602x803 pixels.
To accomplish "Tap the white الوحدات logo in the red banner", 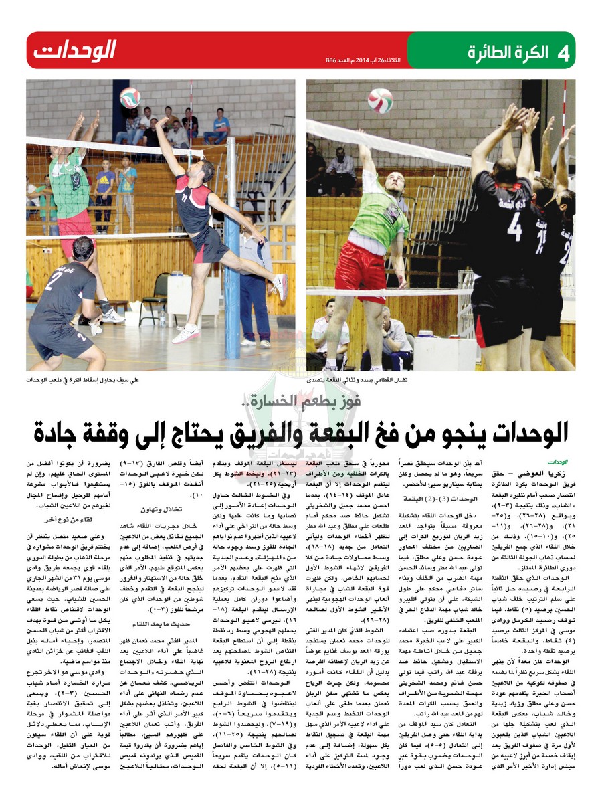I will tap(75, 50).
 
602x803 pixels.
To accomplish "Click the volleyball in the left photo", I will tap(130, 97).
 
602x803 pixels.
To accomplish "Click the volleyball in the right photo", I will tap(381, 100).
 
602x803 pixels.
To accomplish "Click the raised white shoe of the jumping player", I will tap(282, 288).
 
